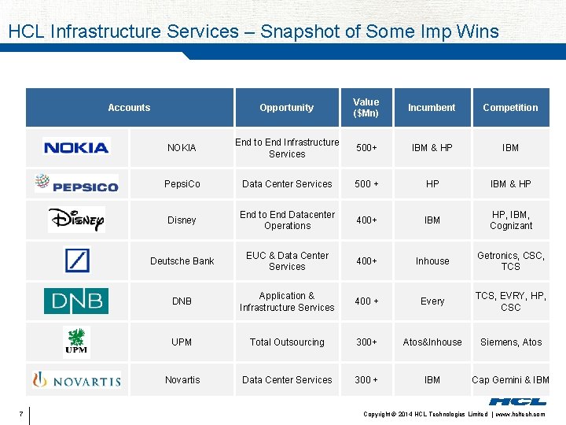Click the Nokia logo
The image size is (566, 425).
(x=76, y=147)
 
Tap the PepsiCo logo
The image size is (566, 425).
(x=76, y=184)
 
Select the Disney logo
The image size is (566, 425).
(x=76, y=220)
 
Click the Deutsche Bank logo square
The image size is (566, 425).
(x=77, y=261)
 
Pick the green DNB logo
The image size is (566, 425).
(x=76, y=301)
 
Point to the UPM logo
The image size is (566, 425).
(x=76, y=342)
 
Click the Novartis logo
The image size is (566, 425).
(x=76, y=380)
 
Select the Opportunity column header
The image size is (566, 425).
(x=287, y=108)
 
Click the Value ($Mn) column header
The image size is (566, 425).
(x=366, y=108)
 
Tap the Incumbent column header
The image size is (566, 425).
(x=432, y=108)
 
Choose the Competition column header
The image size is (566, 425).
(x=510, y=108)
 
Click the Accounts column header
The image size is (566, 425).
(x=129, y=108)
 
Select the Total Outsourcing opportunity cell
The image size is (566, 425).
(x=287, y=342)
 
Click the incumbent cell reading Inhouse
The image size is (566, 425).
(x=432, y=261)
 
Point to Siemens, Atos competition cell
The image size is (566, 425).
(x=510, y=342)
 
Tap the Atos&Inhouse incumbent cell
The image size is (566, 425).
(x=432, y=342)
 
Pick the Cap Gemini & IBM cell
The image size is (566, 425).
(x=510, y=380)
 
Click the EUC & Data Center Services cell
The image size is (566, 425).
(x=287, y=261)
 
